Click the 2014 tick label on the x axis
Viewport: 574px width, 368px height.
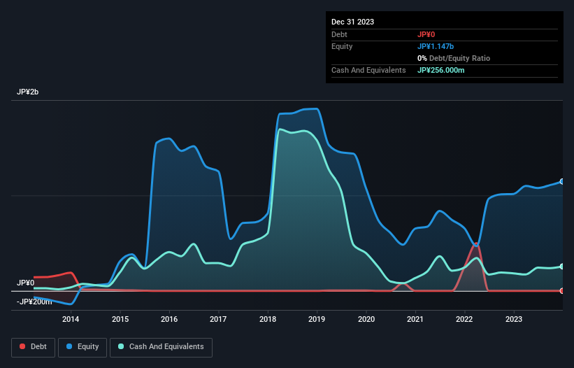pyautogui.click(x=71, y=320)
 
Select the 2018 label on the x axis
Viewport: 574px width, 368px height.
pyautogui.click(x=268, y=320)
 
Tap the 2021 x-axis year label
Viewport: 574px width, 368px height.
pyautogui.click(x=415, y=320)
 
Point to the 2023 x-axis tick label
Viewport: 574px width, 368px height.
pyautogui.click(x=514, y=320)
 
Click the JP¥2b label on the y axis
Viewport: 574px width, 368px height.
pyautogui.click(x=29, y=92)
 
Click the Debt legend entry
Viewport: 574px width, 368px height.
pyautogui.click(x=32, y=346)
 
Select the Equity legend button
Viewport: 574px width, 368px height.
pyautogui.click(x=82, y=346)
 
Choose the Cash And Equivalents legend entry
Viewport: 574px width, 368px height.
pyautogui.click(x=161, y=346)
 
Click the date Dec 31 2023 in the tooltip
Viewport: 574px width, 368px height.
pyautogui.click(x=353, y=22)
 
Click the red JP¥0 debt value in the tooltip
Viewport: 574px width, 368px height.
pyautogui.click(x=427, y=34)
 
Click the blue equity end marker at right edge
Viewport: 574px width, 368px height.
pyautogui.click(x=562, y=182)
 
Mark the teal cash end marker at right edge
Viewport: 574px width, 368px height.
pyautogui.click(x=562, y=267)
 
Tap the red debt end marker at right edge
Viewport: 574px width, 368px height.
pyautogui.click(x=562, y=290)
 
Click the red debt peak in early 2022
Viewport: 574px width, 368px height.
pyautogui.click(x=476, y=245)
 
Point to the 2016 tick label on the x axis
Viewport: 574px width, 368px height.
pyautogui.click(x=169, y=320)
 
